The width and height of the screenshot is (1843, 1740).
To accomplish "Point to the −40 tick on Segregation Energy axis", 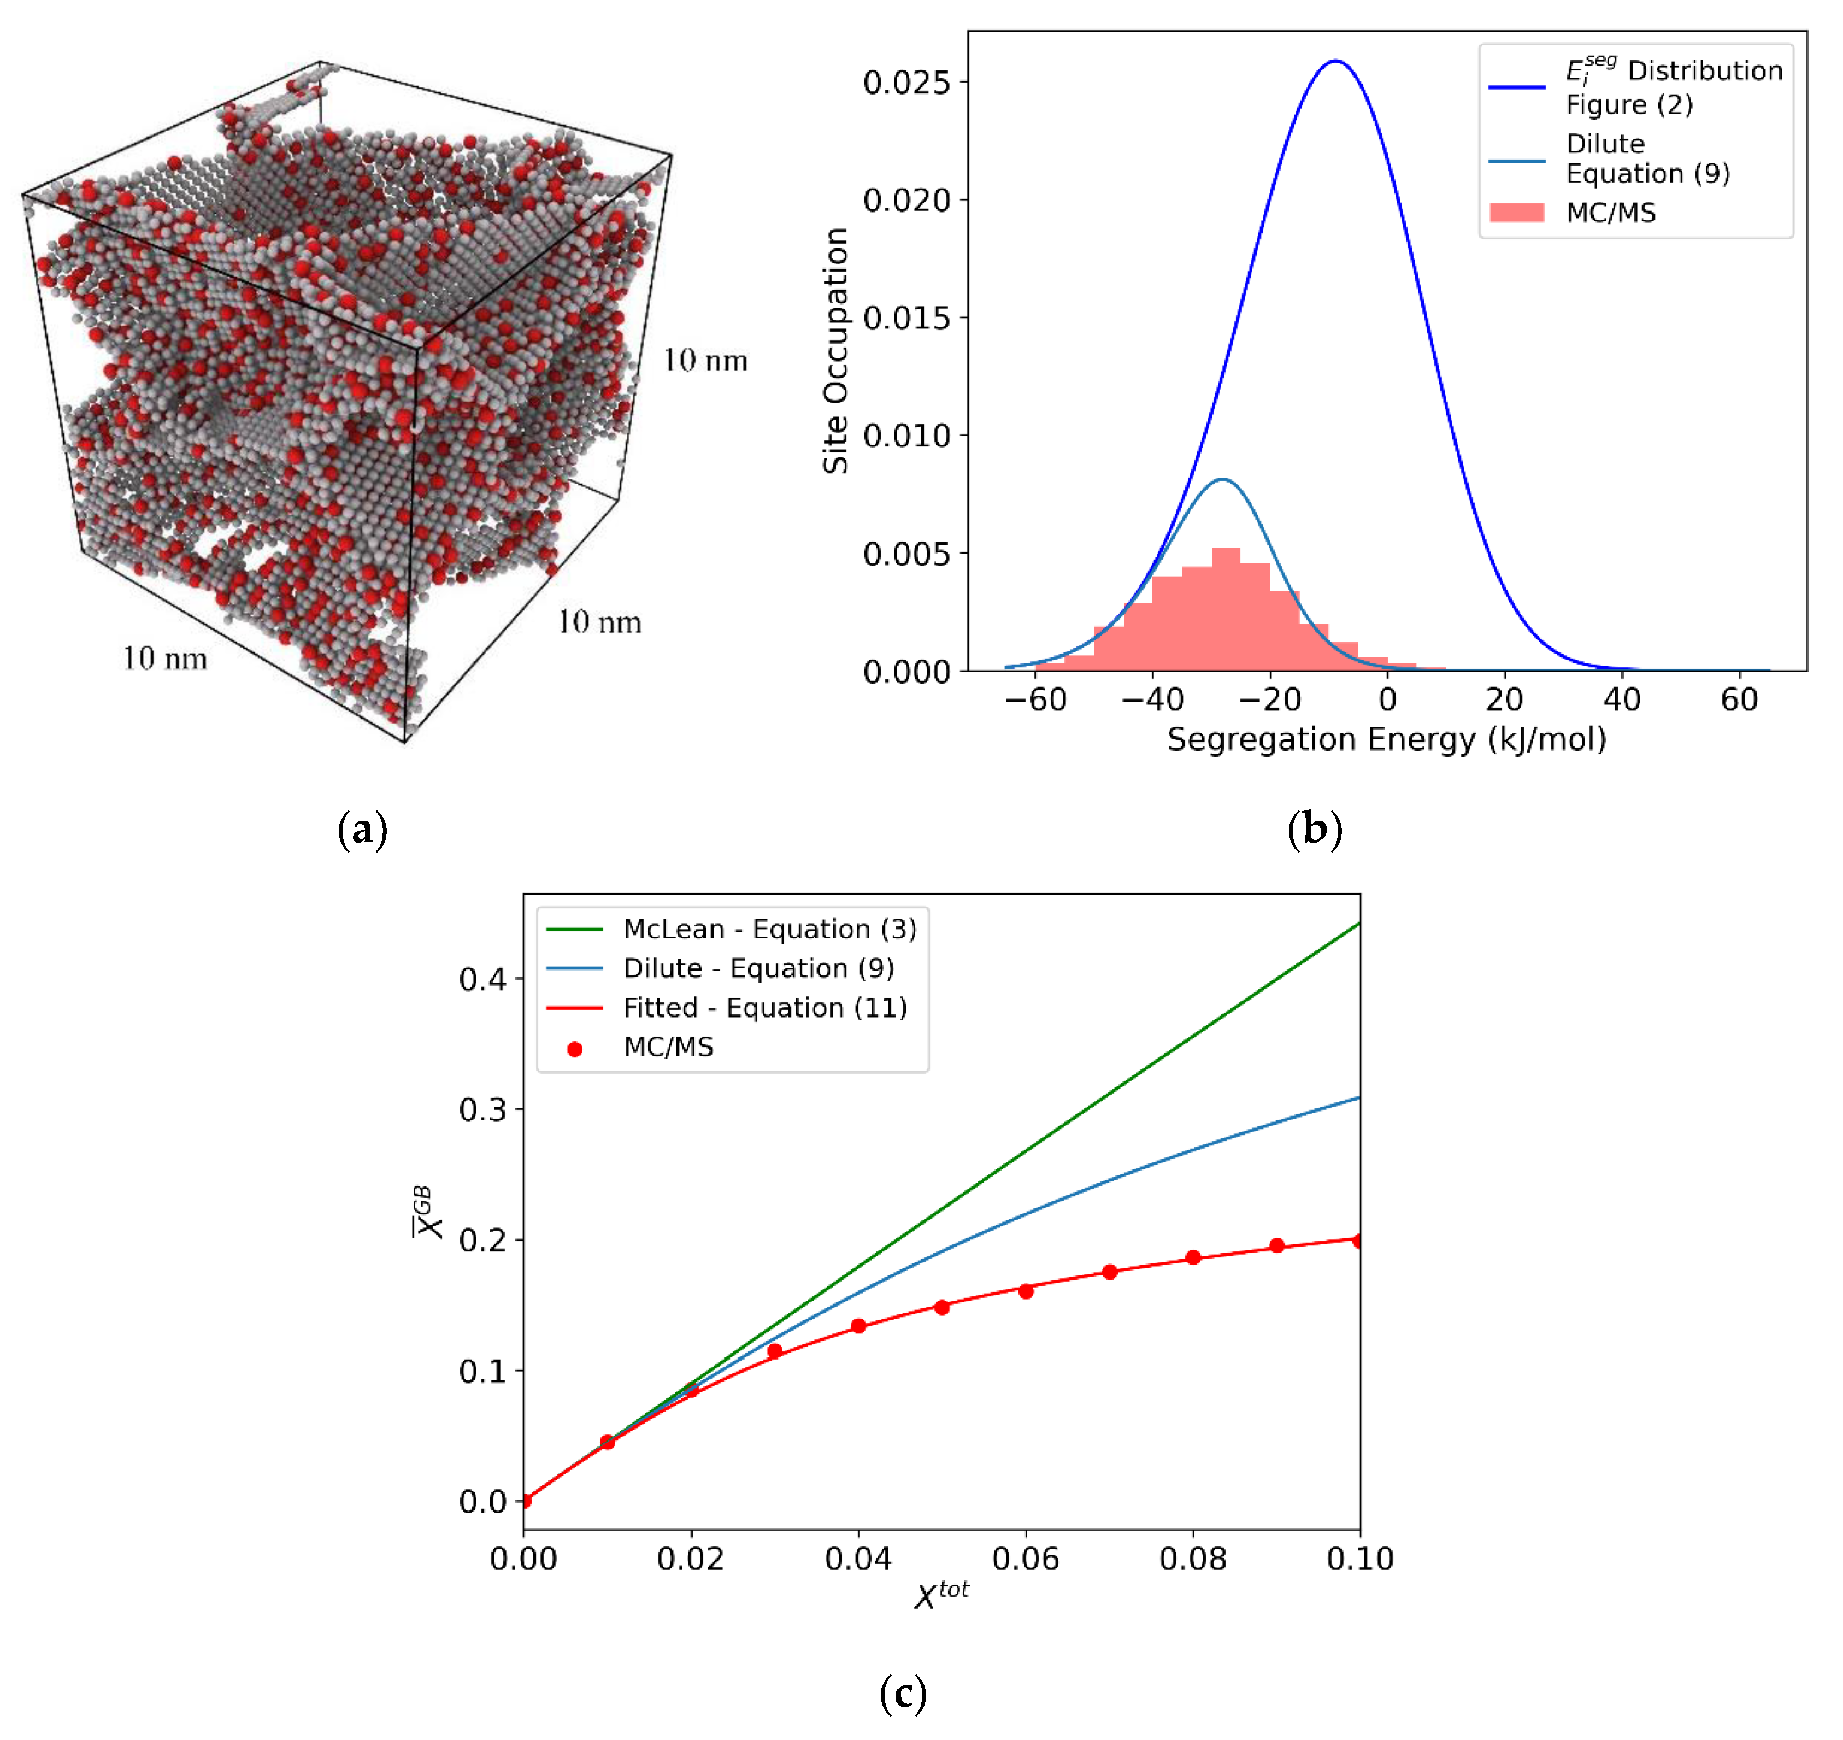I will (x=1153, y=700).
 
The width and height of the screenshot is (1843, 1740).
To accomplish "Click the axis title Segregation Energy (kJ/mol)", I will (x=1387, y=740).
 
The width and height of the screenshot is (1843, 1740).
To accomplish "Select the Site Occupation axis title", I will (x=835, y=351).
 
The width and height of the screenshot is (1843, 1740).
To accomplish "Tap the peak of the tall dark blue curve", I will (x=1335, y=61).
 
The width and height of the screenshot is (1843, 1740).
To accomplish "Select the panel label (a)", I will (x=363, y=829).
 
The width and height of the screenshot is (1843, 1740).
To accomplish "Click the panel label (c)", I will (x=903, y=1694).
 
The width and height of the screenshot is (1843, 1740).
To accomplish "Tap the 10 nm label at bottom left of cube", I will (x=165, y=659).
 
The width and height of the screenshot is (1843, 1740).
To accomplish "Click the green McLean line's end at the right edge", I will (x=1358, y=924).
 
